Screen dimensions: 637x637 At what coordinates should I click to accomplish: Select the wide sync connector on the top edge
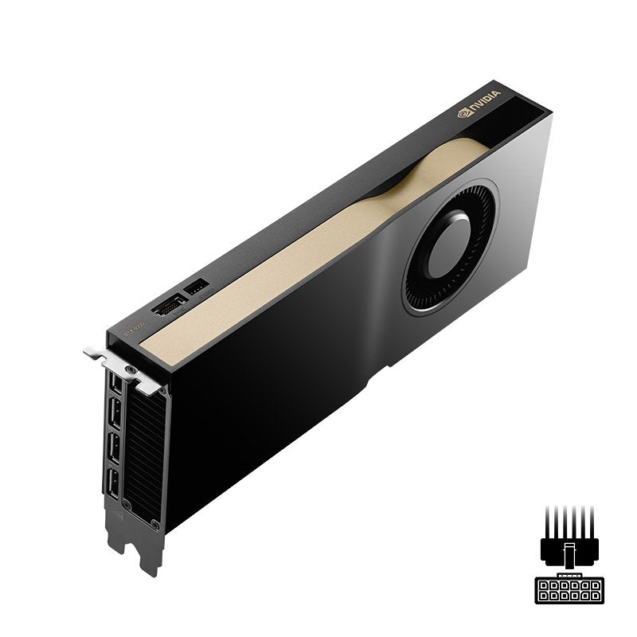168,306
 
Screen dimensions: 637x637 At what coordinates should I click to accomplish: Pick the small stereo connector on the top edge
195,286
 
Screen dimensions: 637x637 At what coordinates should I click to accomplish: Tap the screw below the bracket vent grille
150,524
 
